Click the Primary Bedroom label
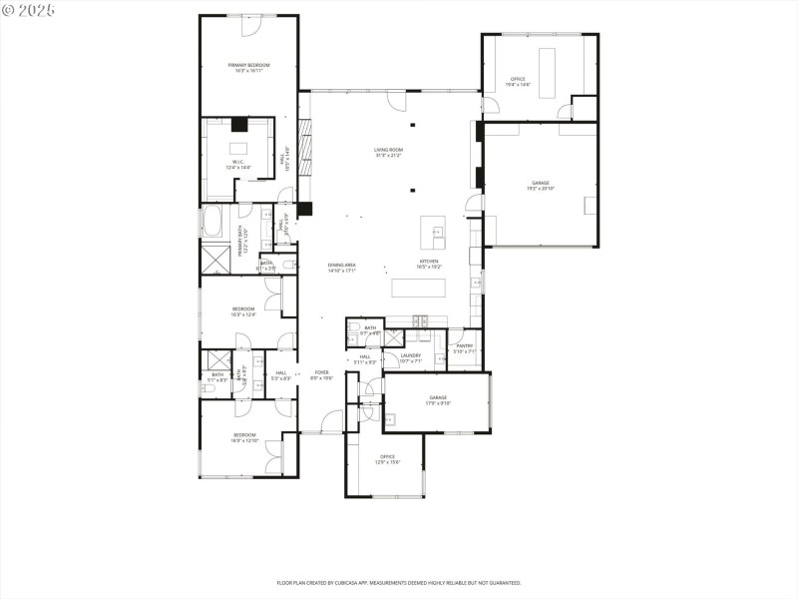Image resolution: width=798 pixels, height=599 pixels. (x=248, y=67)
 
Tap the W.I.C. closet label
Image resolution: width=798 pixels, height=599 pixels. (x=240, y=166)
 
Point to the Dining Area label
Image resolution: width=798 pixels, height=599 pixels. (x=342, y=267)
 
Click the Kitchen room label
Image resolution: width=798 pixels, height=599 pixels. (x=428, y=265)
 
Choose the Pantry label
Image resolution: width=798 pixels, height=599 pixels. (x=465, y=347)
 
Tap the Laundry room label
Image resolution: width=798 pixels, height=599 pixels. (x=410, y=357)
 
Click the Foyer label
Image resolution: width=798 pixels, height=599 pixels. (x=321, y=374)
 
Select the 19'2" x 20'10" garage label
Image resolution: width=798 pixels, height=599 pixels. (x=541, y=186)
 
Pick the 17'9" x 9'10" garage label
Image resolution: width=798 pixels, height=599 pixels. (x=438, y=399)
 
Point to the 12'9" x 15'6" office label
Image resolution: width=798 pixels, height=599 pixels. (x=386, y=459)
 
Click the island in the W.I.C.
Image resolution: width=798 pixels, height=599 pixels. (x=238, y=147)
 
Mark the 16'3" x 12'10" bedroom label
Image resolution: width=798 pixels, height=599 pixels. (x=244, y=437)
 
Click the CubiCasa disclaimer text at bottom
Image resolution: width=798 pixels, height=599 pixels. (x=398, y=582)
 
